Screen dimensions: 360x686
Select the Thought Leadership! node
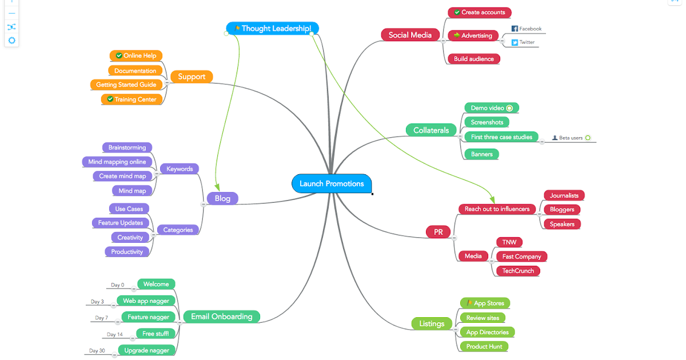pyautogui.click(x=273, y=28)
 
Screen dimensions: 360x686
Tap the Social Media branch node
pyautogui.click(x=410, y=35)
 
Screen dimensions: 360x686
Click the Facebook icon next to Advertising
pyautogui.click(x=514, y=29)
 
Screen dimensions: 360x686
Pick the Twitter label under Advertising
pyautogui.click(x=527, y=42)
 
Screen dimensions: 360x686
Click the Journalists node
pyautogui.click(x=564, y=195)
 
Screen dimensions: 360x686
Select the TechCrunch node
pyautogui.click(x=518, y=271)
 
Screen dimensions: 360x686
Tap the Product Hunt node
pyautogui.click(x=484, y=346)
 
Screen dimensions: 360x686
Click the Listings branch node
pyautogui.click(x=432, y=323)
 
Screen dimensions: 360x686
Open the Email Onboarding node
pyautogui.click(x=221, y=316)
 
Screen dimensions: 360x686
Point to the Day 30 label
pyautogui.click(x=97, y=350)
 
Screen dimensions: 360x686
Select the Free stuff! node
pyautogui.click(x=155, y=334)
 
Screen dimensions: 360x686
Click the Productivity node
pyautogui.click(x=127, y=251)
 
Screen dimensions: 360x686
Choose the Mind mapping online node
pyautogui.click(x=117, y=162)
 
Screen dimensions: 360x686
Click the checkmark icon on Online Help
pyautogui.click(x=119, y=55)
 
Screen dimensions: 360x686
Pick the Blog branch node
pyautogui.click(x=222, y=198)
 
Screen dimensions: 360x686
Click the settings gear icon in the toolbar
pyautogui.click(x=11, y=41)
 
